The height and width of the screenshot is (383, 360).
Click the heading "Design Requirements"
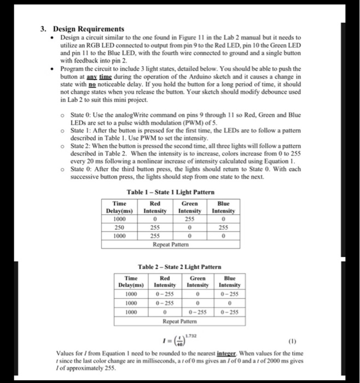[88, 29]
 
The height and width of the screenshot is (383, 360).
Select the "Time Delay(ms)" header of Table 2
[131, 281]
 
